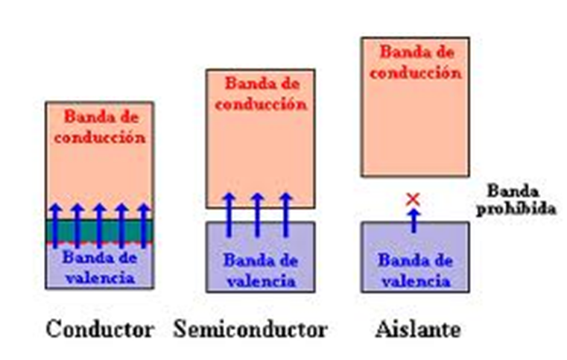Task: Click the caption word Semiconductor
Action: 250,329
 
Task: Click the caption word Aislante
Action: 419,329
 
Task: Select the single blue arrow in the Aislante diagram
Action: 414,220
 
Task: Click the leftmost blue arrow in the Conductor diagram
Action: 54,224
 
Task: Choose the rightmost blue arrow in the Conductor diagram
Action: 144,224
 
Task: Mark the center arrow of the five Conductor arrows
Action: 99,224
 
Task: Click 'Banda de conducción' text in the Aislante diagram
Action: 415,63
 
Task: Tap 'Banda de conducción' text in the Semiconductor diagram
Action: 260,93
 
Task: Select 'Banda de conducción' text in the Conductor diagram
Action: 99,127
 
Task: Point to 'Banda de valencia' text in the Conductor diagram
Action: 99,268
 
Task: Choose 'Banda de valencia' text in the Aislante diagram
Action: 415,271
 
